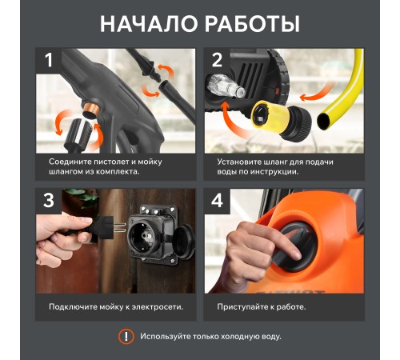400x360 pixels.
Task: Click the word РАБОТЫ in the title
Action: (x=253, y=24)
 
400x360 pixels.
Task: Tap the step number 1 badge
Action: (x=49, y=61)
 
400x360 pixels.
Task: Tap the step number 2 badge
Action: (x=217, y=61)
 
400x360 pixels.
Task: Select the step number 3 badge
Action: (x=49, y=201)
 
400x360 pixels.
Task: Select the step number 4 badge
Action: (x=217, y=201)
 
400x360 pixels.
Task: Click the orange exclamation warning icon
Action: (x=126, y=336)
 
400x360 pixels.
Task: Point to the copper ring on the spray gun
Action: (x=92, y=110)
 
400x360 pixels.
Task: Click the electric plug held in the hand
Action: (x=106, y=227)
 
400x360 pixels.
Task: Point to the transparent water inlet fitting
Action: (x=226, y=87)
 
